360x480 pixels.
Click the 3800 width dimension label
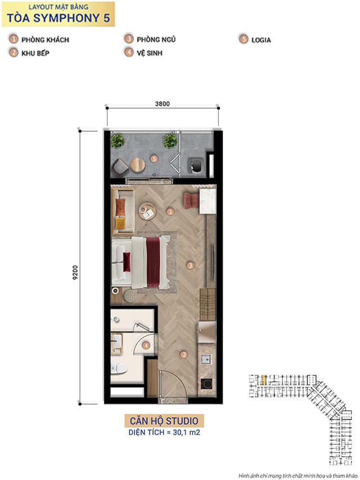(162, 104)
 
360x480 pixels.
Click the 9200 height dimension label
(75, 272)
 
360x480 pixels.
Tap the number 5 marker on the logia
(154, 159)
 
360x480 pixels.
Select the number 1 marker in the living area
(170, 211)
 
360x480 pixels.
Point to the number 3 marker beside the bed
(190, 265)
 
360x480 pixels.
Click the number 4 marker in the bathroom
(146, 346)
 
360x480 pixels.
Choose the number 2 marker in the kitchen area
(184, 355)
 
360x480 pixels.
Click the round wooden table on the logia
(138, 165)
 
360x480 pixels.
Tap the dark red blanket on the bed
(153, 262)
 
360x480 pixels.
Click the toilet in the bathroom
(119, 369)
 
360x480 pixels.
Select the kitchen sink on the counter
(206, 359)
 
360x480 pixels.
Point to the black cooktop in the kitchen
(206, 384)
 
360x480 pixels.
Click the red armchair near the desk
(191, 200)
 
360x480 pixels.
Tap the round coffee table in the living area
(147, 211)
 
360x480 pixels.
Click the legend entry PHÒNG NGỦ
(156, 39)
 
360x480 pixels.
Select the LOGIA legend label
(261, 40)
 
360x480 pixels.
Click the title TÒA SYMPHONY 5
(58, 18)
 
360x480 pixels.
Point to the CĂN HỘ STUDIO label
(164, 421)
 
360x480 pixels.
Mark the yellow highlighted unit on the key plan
(264, 380)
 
